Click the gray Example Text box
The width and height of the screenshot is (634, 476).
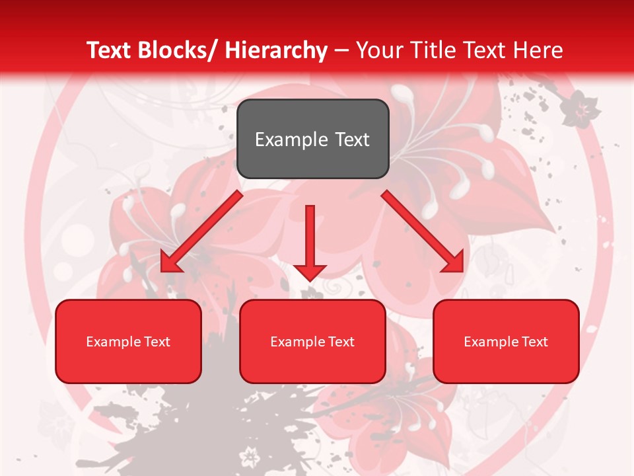312,139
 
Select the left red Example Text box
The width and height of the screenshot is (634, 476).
128,341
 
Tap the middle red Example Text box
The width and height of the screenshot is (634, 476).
312,341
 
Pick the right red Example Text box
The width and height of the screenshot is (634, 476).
506,341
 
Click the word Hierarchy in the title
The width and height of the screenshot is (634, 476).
276,50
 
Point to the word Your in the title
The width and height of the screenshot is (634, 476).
378,50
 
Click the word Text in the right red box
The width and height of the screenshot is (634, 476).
534,341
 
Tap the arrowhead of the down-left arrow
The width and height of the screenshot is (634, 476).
170,262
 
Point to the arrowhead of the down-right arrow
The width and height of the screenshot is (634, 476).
454,262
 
